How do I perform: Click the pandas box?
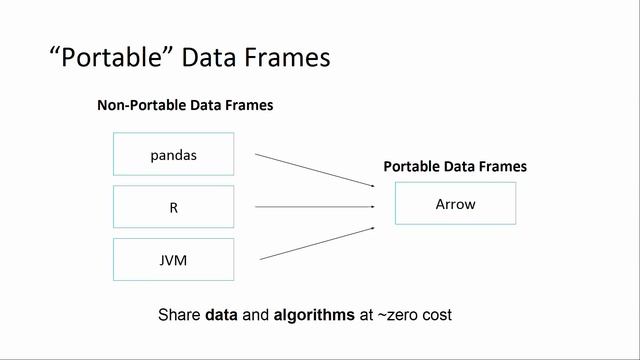(x=173, y=155)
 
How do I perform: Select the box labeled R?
(x=173, y=207)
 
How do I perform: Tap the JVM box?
(x=173, y=260)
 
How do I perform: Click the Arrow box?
(x=456, y=203)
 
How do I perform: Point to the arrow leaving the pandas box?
(x=314, y=170)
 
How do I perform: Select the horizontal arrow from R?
(x=314, y=207)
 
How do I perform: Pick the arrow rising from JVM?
(x=314, y=244)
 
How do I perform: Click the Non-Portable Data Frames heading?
(x=185, y=105)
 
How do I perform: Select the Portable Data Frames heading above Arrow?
(x=455, y=167)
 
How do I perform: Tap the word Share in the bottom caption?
(x=180, y=314)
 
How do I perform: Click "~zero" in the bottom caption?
(x=397, y=314)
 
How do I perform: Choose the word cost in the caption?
(x=437, y=314)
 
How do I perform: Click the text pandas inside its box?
(x=173, y=155)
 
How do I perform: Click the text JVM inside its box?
(x=173, y=260)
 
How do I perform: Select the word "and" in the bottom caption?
(x=257, y=314)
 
